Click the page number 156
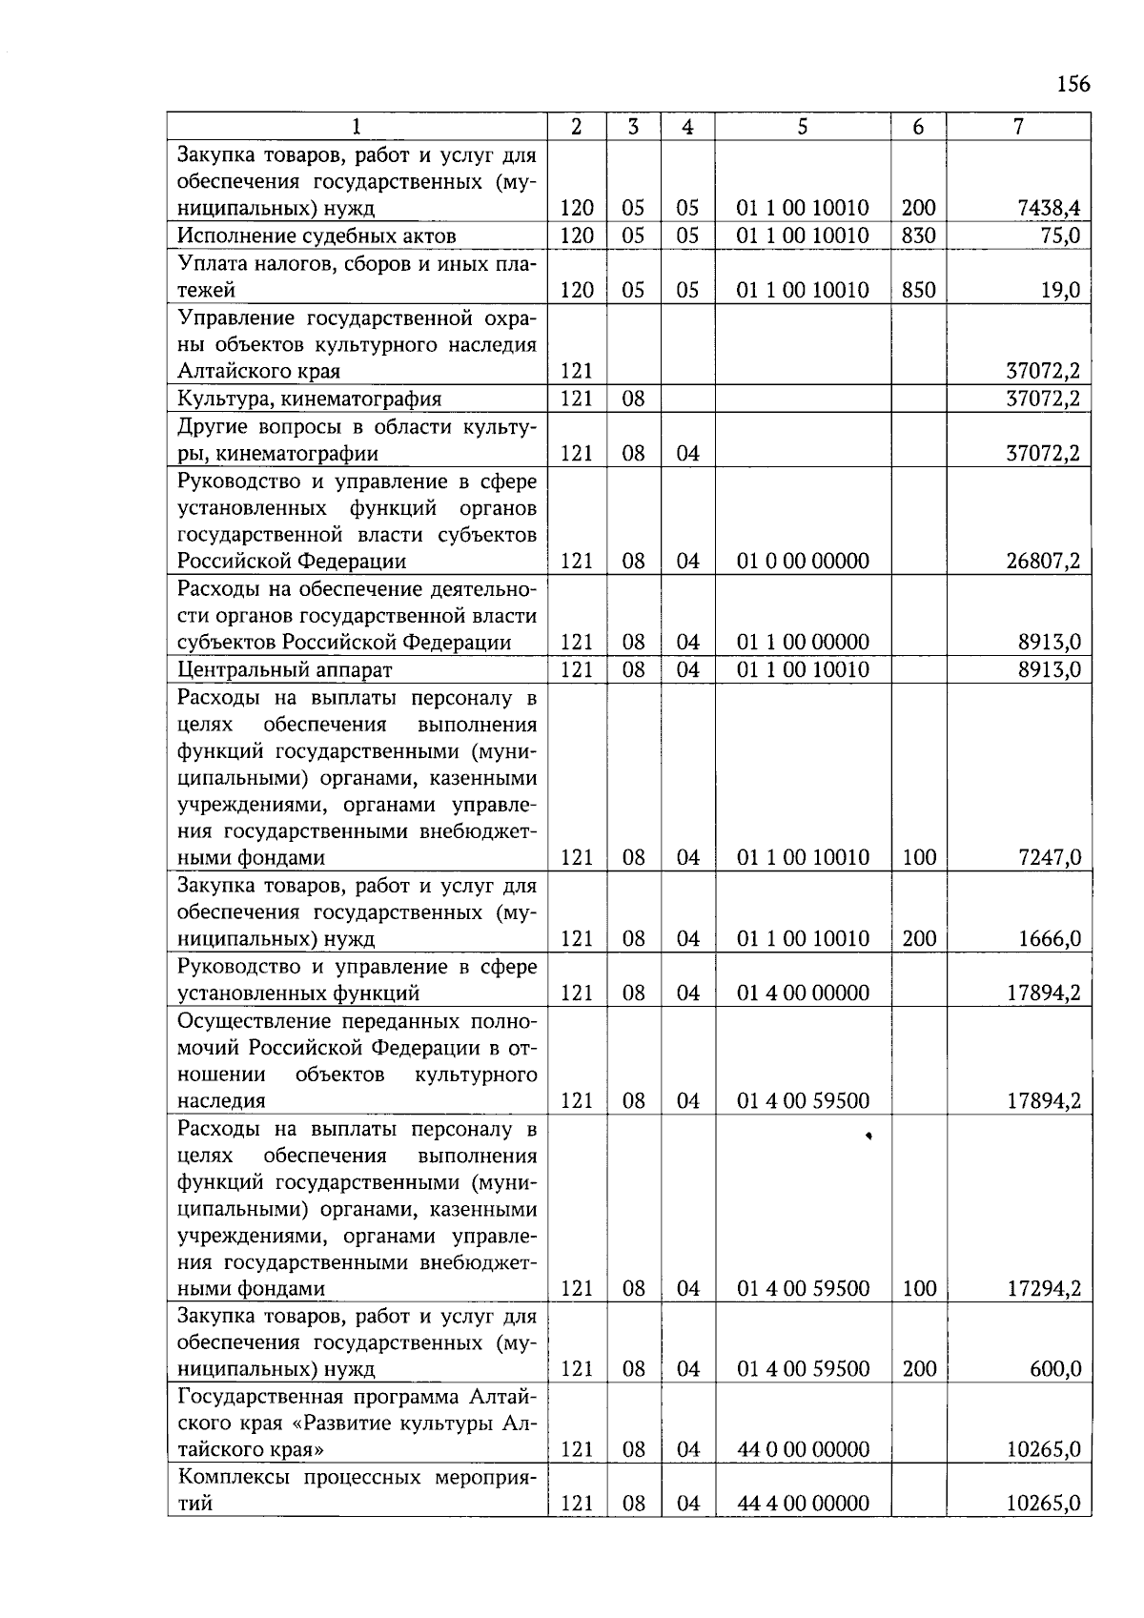pos(1072,84)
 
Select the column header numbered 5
pos(803,126)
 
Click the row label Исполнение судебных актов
pos(317,236)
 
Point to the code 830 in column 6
pos(918,236)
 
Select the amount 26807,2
pos(1043,561)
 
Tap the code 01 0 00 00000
pos(803,561)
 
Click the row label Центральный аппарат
pos(285,669)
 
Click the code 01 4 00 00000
pos(803,993)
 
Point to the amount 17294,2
pos(1043,1288)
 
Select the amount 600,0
pos(1054,1369)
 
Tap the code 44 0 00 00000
pos(803,1449)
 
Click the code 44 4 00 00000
pos(803,1504)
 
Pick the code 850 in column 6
pos(918,290)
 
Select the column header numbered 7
pos(1018,126)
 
